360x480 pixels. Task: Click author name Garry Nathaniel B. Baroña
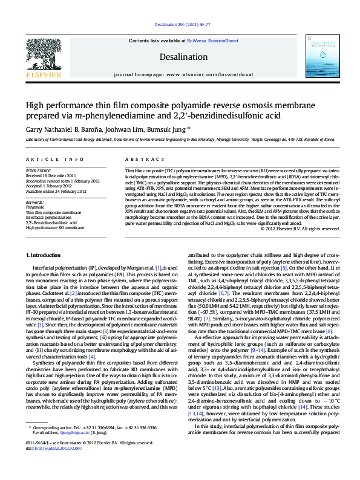point(64,129)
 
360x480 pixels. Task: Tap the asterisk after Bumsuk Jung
point(189,128)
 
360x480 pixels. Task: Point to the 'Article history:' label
point(38,171)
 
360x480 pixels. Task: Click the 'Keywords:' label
point(35,201)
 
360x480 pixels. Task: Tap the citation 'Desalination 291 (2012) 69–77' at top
point(180,25)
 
